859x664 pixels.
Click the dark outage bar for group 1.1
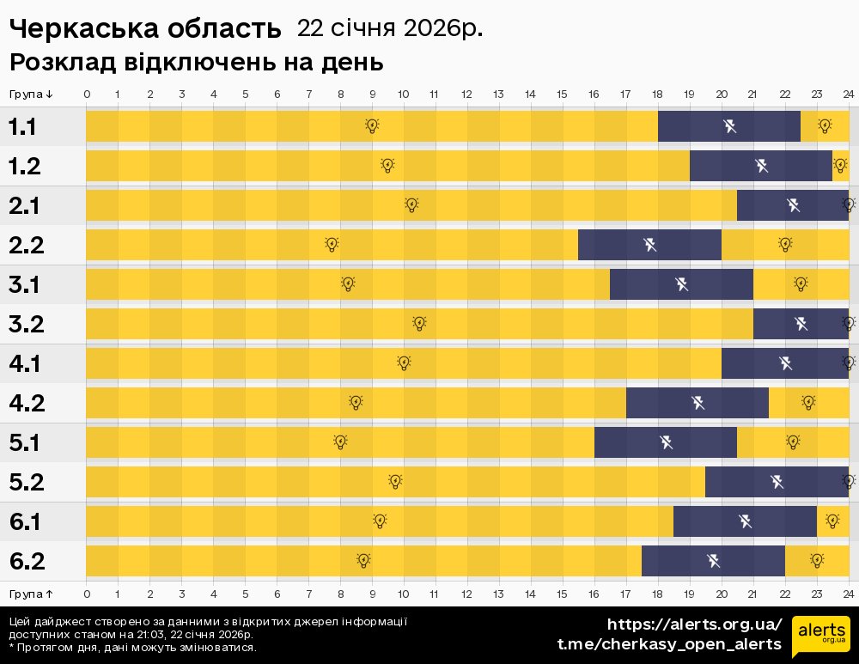(x=728, y=126)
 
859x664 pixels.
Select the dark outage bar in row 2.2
(x=649, y=245)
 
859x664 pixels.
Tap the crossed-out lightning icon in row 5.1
(x=666, y=442)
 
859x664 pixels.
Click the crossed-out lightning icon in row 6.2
(x=713, y=561)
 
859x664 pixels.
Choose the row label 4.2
(x=25, y=403)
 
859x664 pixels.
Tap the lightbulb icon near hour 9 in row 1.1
(x=372, y=126)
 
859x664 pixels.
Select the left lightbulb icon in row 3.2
(x=419, y=324)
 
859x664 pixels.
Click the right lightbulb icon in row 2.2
(x=785, y=245)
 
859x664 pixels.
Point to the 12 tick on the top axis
(x=466, y=94)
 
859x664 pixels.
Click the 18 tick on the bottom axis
(x=657, y=594)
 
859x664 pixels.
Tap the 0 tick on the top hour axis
(x=87, y=94)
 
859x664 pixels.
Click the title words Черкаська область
(x=145, y=29)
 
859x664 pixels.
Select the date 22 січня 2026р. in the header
(x=389, y=28)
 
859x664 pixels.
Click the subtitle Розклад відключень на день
(x=196, y=63)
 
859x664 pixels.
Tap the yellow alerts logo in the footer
(x=820, y=637)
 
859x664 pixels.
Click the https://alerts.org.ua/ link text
(x=694, y=624)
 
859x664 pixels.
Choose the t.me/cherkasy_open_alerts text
(x=669, y=644)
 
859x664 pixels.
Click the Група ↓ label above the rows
(x=32, y=94)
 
